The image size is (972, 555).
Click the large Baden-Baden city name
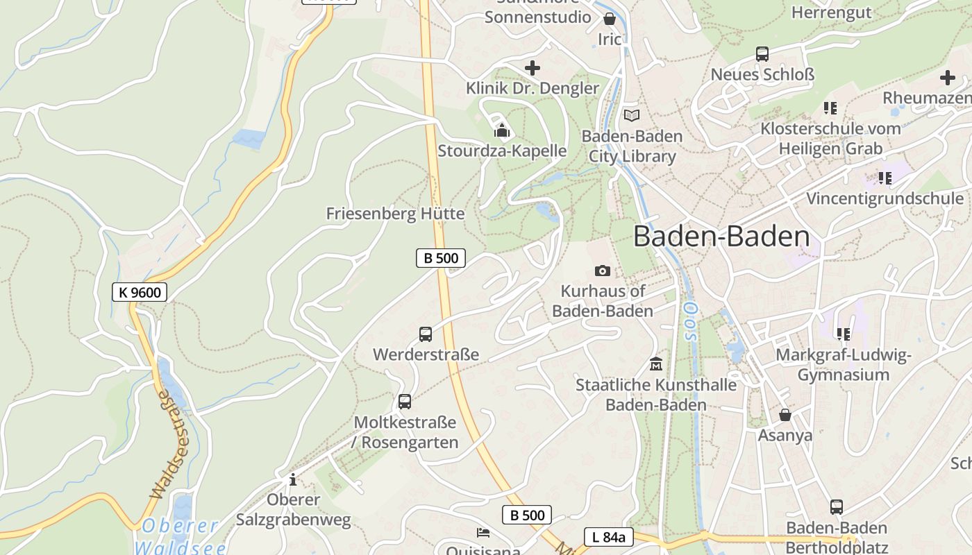[x=721, y=237]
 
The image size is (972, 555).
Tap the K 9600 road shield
[x=140, y=292]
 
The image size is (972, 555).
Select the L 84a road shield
[x=609, y=536]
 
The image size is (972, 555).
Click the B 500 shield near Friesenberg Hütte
[x=441, y=258]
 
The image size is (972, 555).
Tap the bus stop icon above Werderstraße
[x=426, y=334]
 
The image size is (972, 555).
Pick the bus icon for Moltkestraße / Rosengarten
[x=404, y=402]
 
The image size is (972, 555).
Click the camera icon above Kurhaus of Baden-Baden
[x=603, y=271]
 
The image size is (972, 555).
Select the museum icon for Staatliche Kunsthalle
[x=655, y=364]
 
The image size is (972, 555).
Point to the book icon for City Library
[x=631, y=115]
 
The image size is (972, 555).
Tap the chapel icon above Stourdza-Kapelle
[x=502, y=130]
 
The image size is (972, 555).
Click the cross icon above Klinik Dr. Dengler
[x=533, y=68]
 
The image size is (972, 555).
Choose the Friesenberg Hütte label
[x=395, y=214]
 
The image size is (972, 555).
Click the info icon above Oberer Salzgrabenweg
[x=293, y=479]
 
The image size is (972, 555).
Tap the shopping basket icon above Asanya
[x=785, y=415]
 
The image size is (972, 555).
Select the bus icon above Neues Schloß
[x=762, y=53]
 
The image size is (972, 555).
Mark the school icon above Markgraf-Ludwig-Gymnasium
[x=843, y=334]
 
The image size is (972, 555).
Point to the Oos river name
[x=688, y=321]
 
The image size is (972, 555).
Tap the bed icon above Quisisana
[x=483, y=533]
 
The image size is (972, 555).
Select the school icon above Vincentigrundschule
[x=885, y=178]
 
